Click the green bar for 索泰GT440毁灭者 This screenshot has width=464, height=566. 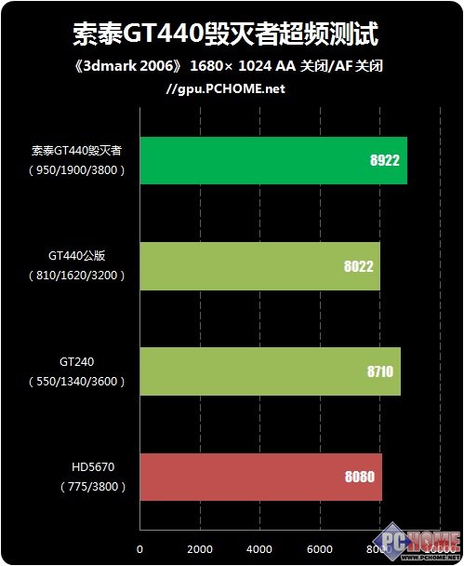272,159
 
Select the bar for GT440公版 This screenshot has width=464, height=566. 259,265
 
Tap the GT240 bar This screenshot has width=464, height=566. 270,371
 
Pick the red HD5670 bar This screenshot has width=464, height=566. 260,477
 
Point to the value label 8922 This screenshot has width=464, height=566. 384,160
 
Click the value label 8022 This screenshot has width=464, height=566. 358,266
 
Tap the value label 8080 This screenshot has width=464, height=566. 359,478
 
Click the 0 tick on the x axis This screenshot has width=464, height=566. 139,548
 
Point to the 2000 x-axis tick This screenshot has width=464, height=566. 200,548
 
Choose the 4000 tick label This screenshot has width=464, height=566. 259,548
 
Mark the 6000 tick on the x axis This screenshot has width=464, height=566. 320,548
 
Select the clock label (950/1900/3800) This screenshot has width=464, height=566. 77,170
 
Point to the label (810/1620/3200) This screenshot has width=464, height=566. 77,276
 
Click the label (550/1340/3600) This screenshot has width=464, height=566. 77,382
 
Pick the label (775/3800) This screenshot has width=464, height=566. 78,487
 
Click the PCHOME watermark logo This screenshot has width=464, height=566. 419,543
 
